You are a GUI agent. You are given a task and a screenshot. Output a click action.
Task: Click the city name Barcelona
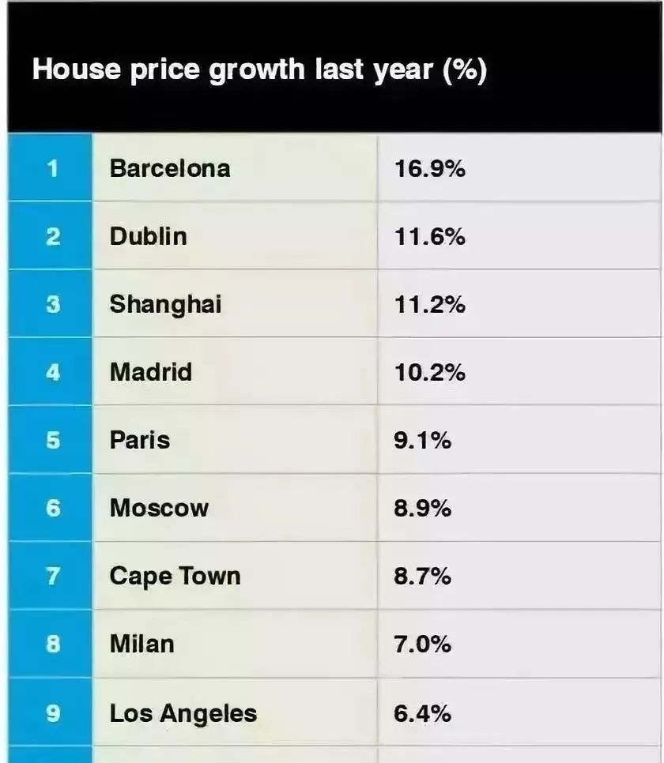[170, 168]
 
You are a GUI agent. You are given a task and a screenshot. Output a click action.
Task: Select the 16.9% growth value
[430, 168]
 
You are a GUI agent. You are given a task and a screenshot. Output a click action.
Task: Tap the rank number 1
[52, 168]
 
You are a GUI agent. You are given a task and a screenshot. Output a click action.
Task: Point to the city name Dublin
[149, 236]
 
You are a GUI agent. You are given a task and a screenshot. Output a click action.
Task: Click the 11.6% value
[430, 236]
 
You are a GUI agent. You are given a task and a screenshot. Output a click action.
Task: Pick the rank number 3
[53, 305]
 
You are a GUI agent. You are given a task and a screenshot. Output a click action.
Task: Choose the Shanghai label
[166, 305]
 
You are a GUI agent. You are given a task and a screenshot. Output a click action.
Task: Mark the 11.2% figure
[430, 305]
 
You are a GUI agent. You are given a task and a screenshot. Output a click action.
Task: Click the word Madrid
[151, 372]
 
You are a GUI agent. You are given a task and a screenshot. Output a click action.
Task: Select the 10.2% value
[430, 372]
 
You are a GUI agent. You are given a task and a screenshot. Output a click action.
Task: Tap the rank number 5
[53, 441]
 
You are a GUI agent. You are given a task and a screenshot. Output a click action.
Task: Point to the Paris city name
[140, 441]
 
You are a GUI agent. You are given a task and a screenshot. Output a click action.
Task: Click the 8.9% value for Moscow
[422, 509]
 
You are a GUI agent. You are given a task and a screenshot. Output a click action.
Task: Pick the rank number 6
[53, 509]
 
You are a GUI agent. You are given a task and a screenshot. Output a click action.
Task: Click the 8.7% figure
[422, 576]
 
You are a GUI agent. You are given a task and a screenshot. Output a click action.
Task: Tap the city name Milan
[142, 644]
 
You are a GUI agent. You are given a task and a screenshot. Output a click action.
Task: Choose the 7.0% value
[422, 644]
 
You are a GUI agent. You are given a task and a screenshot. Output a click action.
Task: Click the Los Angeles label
[183, 714]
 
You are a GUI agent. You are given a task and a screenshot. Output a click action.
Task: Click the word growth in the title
[257, 70]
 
